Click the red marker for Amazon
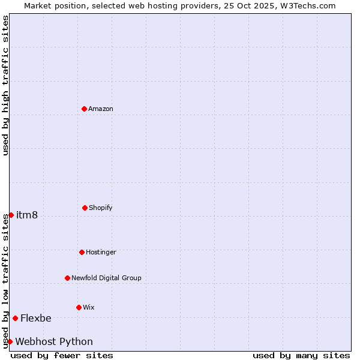coord(84,109)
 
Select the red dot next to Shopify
coord(85,208)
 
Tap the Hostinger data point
coord(82,252)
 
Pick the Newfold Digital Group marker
coord(67,278)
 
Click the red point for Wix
coord(79,307)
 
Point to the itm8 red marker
coord(11,215)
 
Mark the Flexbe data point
coord(15,318)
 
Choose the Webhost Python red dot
coord(10,341)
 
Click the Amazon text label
coord(101,109)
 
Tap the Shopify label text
coord(101,208)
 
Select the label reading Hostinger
coord(101,252)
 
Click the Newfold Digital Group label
coord(106,278)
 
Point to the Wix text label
coord(89,307)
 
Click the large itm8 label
coord(27,215)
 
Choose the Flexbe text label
coord(36,318)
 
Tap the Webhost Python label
coord(54,341)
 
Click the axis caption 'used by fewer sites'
coord(62,355)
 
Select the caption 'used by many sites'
coord(301,355)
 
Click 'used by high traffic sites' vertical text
coord(5,85)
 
